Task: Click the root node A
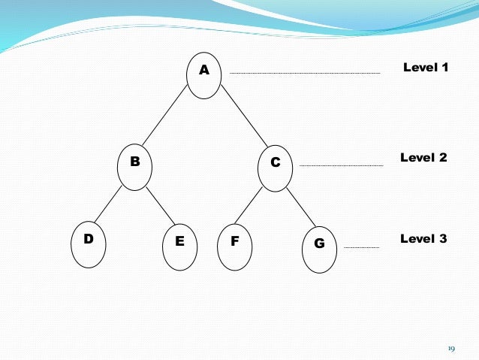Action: [x=203, y=75]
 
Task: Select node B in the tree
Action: [x=135, y=167]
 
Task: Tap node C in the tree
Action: [x=276, y=167]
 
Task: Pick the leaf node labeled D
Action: [x=89, y=244]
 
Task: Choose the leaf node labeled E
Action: [x=179, y=247]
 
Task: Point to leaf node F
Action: [x=234, y=247]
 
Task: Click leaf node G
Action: [x=320, y=250]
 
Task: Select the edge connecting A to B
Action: [x=165, y=120]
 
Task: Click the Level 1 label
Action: [x=426, y=68]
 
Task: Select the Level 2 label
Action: [x=423, y=158]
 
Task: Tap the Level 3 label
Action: [x=423, y=239]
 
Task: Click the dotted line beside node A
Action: [x=305, y=74]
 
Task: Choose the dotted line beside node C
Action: [x=341, y=165]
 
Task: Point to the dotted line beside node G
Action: [x=361, y=247]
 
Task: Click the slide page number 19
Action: [x=451, y=348]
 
